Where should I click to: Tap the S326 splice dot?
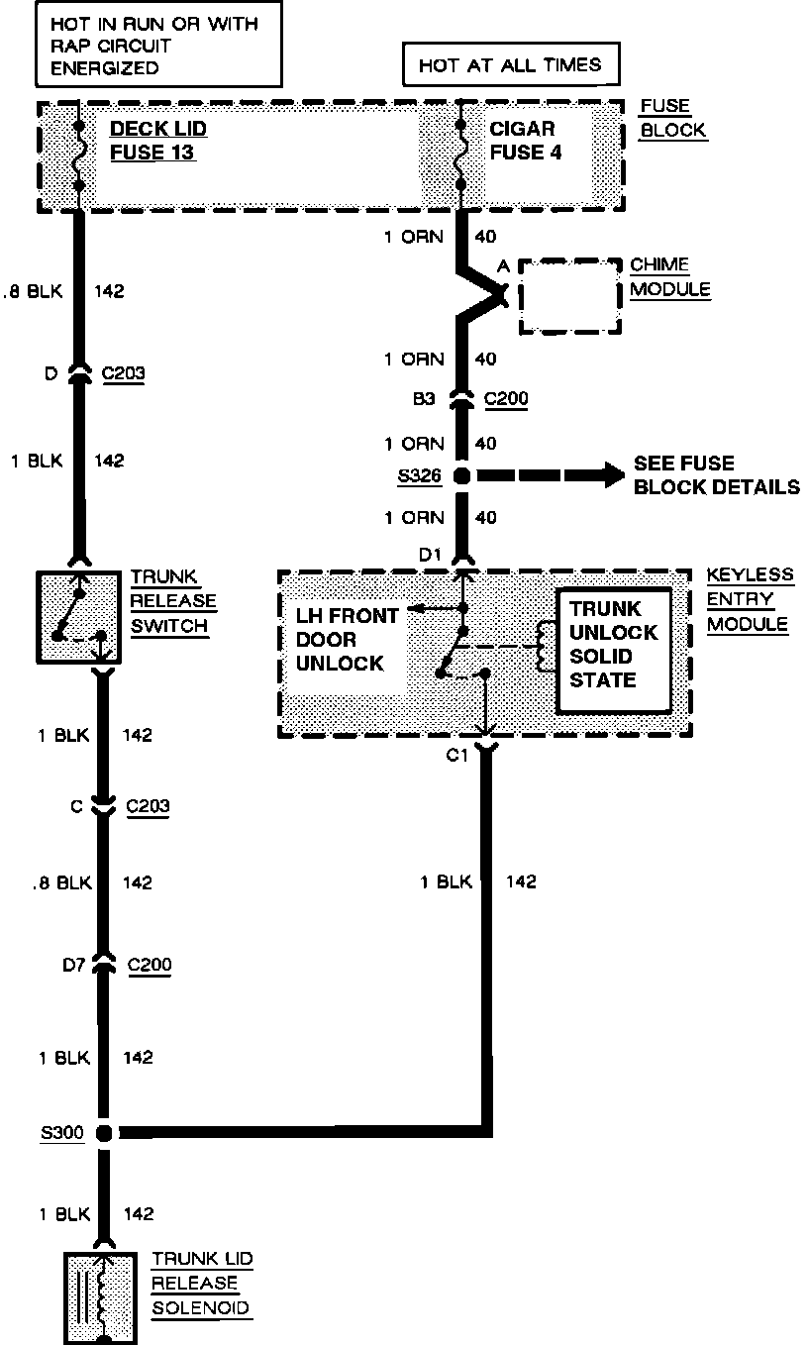pos(461,476)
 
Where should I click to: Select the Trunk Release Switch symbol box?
pos(78,616)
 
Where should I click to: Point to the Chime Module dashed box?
pos(571,295)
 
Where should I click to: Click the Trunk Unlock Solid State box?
pos(614,645)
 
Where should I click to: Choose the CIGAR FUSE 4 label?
pos(522,141)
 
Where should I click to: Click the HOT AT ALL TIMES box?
pos(510,65)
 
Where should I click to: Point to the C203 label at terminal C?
pos(148,806)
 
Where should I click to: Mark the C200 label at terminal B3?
pos(505,399)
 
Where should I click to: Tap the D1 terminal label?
pos(429,555)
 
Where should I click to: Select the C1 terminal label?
pos(456,757)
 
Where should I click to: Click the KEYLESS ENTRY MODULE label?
pos(750,599)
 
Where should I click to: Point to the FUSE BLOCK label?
pos(672,118)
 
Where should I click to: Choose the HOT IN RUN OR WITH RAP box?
pos(144,45)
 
